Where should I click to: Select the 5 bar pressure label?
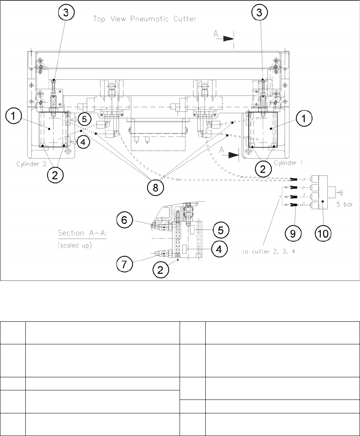point(346,205)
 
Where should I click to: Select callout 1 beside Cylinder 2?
point(14,117)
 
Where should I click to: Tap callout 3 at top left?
point(66,13)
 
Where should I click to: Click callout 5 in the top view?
point(84,119)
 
